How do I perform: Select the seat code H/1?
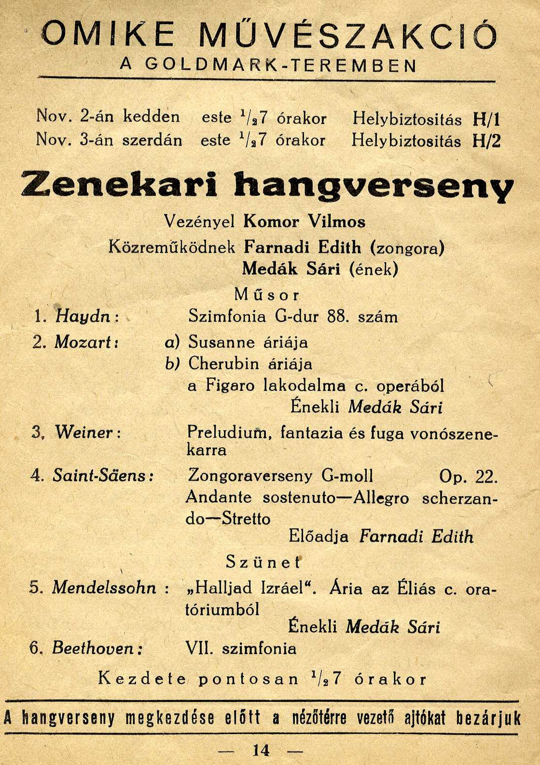[x=486, y=119]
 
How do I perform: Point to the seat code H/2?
[x=486, y=141]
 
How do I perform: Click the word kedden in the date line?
[x=151, y=116]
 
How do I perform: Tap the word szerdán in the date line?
[x=152, y=140]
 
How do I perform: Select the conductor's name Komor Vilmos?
[x=305, y=221]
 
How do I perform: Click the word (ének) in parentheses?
[x=374, y=269]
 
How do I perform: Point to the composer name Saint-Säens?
[x=102, y=476]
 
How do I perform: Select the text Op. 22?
[x=468, y=476]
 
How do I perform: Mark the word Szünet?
[x=263, y=562]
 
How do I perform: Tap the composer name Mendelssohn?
[x=104, y=588]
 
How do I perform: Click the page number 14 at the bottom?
[x=261, y=750]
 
